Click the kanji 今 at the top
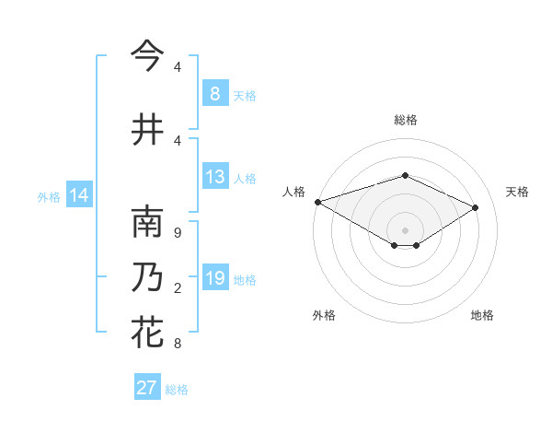[x=147, y=55]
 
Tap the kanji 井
[x=147, y=129]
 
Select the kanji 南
[x=147, y=222]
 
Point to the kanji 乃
[x=147, y=278]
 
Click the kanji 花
[x=147, y=333]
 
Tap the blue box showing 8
[x=214, y=94]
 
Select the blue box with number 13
[x=214, y=178]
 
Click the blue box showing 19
[x=214, y=279]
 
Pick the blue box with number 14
[x=78, y=196]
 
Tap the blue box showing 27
[x=146, y=388]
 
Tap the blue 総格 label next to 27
[x=177, y=390]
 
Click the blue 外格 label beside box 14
[x=49, y=197]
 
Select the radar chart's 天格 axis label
[x=517, y=192]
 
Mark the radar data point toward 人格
[x=317, y=202]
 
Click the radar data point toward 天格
[x=476, y=208]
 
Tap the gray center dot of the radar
[x=405, y=229]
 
